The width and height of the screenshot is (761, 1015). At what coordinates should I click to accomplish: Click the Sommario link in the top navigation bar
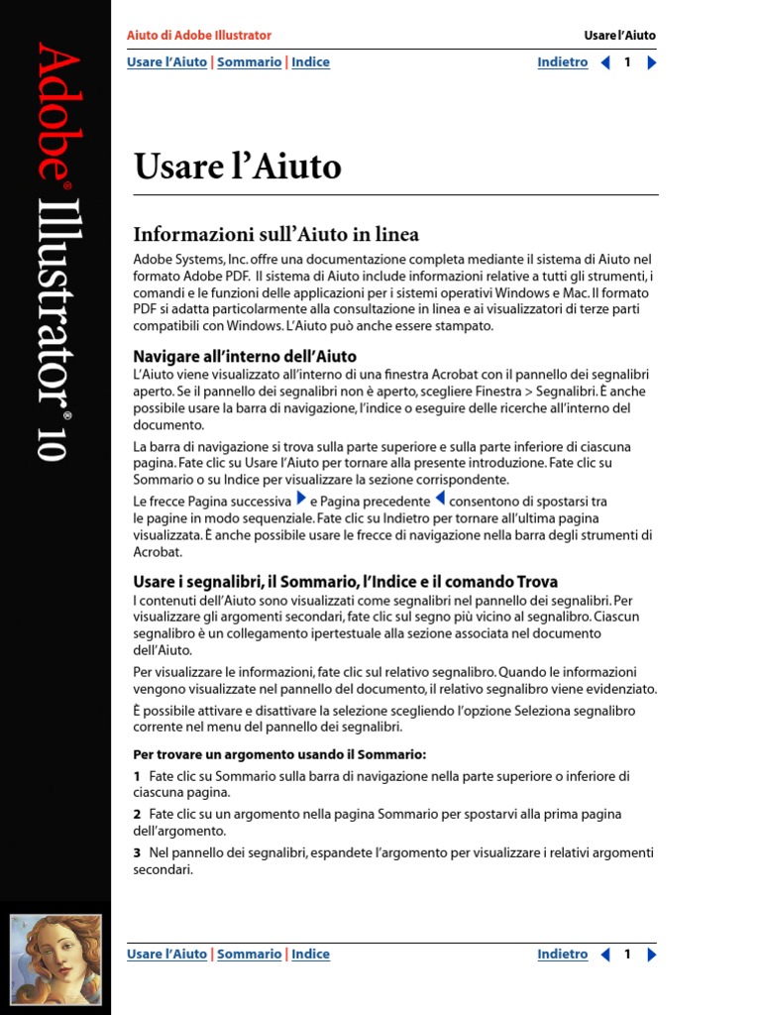(249, 62)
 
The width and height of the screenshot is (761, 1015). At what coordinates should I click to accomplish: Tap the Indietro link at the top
(562, 62)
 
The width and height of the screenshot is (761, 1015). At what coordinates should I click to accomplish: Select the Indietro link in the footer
(562, 955)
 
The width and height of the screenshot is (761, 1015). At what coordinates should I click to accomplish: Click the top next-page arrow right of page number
(651, 62)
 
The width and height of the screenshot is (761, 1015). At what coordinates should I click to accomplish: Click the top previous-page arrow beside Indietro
(605, 62)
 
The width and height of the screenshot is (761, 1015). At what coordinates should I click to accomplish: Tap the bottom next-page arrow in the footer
(651, 955)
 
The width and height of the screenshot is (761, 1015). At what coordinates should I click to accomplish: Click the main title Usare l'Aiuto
(238, 167)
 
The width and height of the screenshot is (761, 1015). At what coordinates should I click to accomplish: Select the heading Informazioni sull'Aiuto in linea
(276, 235)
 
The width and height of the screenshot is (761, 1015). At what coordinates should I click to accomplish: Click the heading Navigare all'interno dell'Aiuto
(245, 356)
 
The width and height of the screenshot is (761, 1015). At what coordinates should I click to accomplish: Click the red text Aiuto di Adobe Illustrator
(199, 36)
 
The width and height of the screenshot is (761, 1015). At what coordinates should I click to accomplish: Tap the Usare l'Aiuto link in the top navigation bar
(166, 62)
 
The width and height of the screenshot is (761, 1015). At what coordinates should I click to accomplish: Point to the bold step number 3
(137, 853)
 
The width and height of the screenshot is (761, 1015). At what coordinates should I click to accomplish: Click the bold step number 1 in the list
(137, 777)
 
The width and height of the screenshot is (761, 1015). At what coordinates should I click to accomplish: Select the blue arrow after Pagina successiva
(301, 500)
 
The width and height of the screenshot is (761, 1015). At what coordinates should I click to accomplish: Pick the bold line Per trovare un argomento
(279, 755)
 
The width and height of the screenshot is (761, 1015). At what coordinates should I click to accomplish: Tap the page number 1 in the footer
(627, 955)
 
